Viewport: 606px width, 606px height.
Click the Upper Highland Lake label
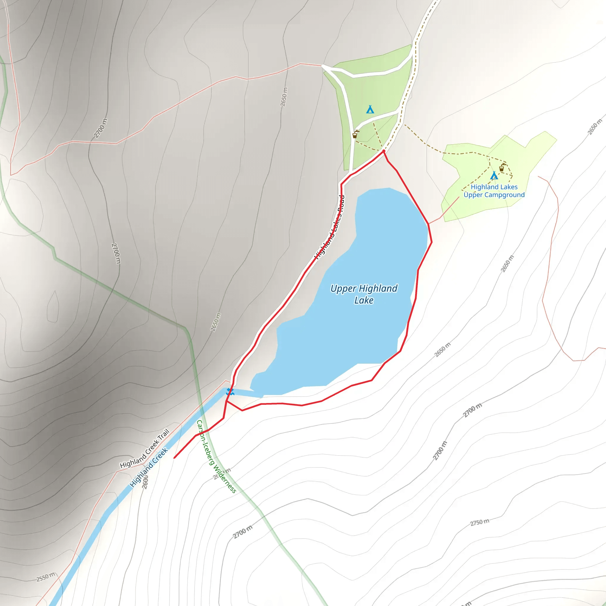364,294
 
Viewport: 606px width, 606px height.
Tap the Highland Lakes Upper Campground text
494,191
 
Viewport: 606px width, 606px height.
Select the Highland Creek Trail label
145,449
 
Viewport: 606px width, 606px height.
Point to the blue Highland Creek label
149,467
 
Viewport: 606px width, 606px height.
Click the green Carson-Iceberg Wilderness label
216,456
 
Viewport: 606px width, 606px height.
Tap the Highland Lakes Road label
330,228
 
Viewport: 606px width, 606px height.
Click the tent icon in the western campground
370,109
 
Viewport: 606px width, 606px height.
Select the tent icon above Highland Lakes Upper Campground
494,175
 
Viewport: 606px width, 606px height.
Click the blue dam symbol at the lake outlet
230,391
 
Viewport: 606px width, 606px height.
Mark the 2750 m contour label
480,523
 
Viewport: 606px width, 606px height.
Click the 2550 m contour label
46,577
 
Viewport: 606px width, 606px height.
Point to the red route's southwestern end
174,458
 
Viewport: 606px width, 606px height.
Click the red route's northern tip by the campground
383,151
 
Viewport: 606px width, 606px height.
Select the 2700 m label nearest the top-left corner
100,128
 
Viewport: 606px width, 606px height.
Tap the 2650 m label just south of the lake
442,349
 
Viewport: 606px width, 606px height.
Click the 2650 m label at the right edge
595,127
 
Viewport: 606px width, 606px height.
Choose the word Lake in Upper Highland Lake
364,300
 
